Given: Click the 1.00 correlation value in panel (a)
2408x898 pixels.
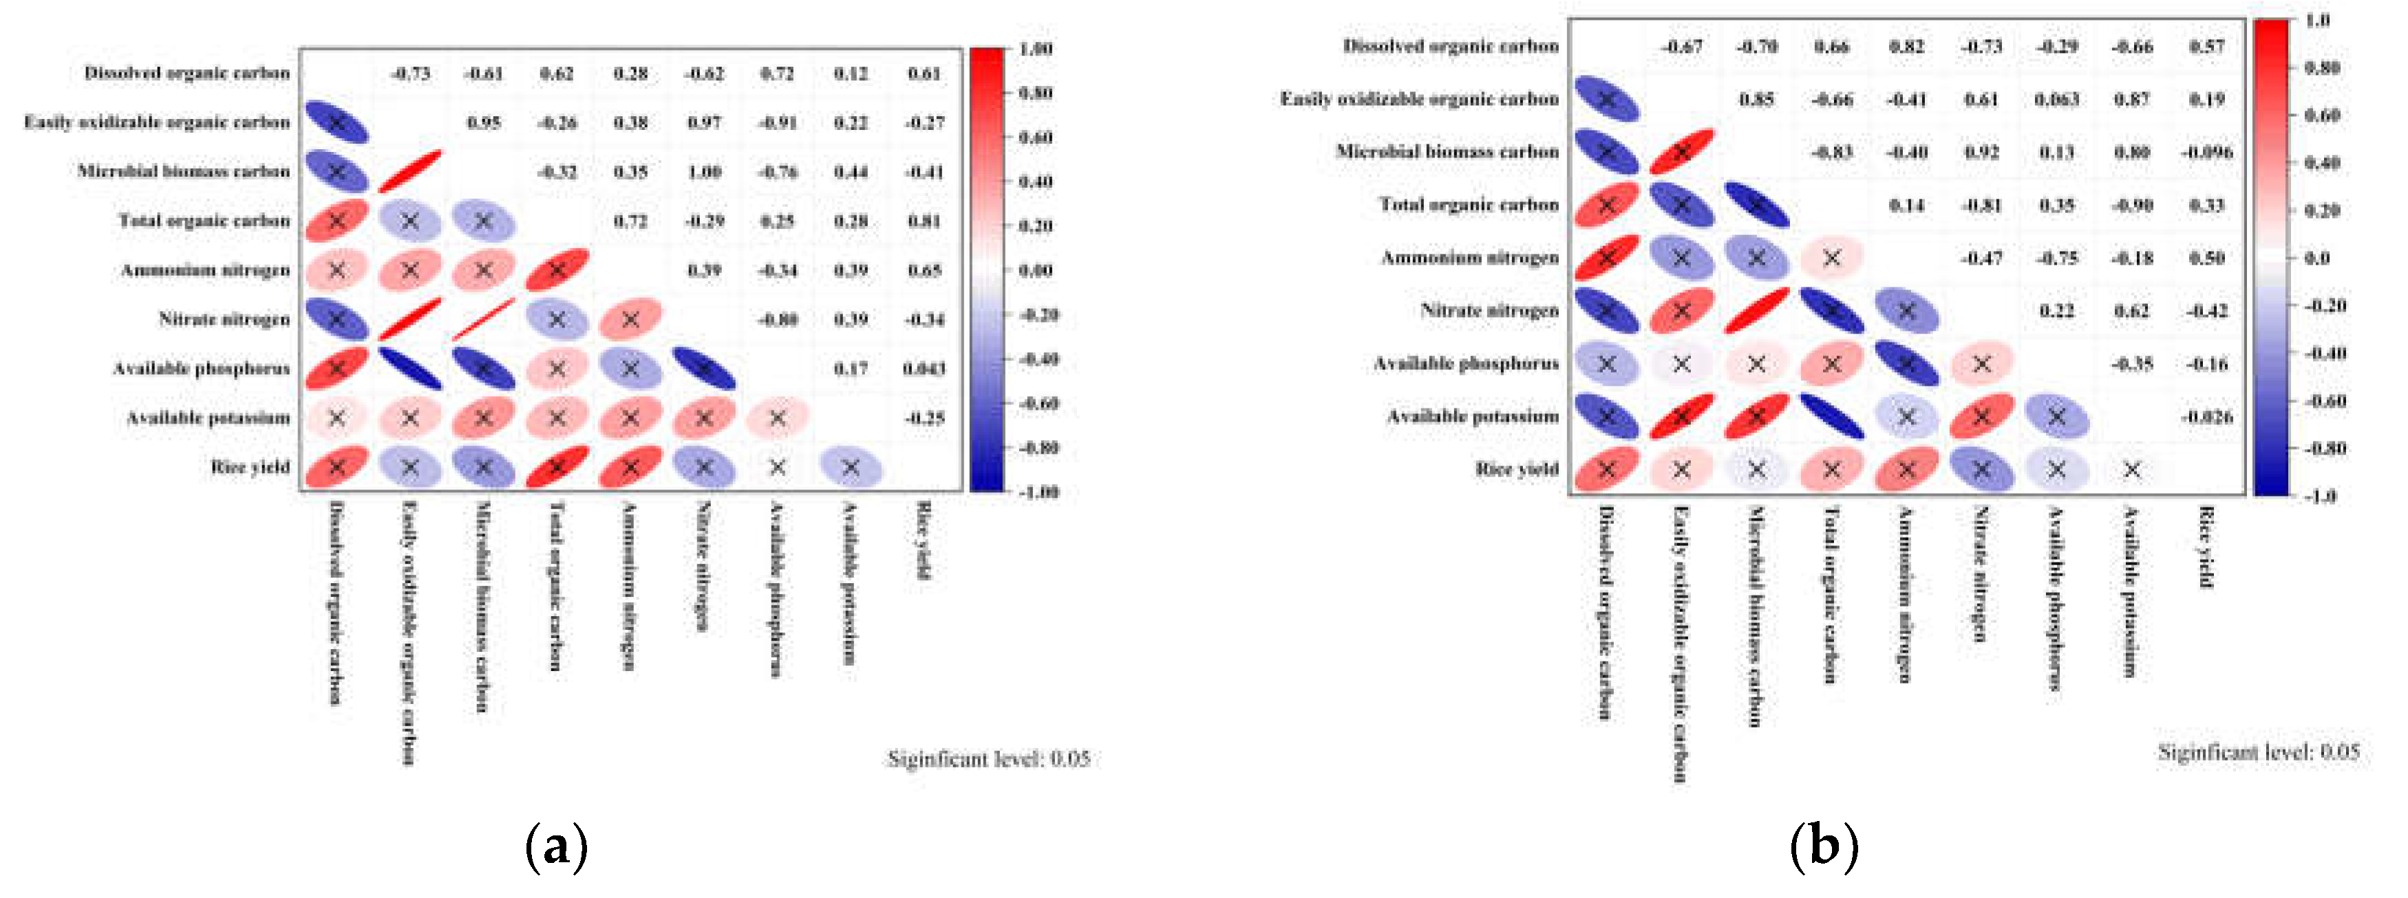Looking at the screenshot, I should click(x=704, y=172).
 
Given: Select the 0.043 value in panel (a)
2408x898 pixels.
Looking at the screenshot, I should click(x=924, y=368).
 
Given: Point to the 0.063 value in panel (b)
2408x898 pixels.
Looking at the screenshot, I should click(x=2056, y=99).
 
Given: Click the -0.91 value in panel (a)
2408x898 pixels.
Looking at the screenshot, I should click(x=777, y=122).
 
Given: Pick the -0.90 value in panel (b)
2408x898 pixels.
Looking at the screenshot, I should click(x=2132, y=205).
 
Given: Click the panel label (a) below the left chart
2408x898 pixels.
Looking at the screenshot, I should click(x=557, y=846).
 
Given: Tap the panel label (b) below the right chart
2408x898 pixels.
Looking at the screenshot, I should click(x=1824, y=846).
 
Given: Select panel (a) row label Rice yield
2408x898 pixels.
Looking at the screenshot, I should click(x=250, y=466).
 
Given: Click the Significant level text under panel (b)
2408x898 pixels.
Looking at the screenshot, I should click(x=2257, y=752).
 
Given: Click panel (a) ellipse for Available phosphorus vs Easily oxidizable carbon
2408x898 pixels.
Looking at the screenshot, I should click(x=409, y=368).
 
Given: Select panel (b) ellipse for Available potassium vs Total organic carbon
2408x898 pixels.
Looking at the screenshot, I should click(x=1831, y=417).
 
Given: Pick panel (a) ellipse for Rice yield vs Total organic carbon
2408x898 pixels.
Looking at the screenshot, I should click(x=557, y=466).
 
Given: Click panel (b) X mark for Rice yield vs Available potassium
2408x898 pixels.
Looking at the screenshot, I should click(x=2131, y=469).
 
